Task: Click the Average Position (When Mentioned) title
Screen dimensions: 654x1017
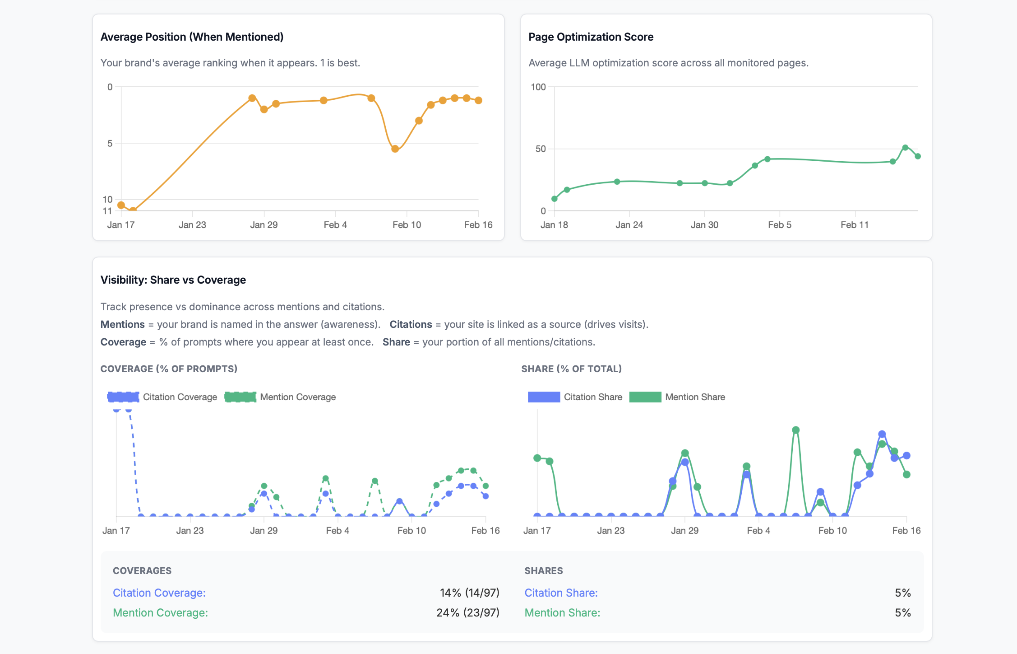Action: pyautogui.click(x=192, y=37)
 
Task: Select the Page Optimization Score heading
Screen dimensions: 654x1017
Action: pyautogui.click(x=591, y=37)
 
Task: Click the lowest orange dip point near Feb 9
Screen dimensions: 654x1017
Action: pyautogui.click(x=395, y=149)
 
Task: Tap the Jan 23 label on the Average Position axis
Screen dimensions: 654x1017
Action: pyautogui.click(x=192, y=225)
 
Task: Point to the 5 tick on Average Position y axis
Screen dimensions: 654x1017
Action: pyautogui.click(x=110, y=144)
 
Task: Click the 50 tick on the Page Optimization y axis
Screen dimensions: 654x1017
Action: pyautogui.click(x=540, y=149)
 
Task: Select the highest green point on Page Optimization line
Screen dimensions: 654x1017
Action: pyautogui.click(x=905, y=148)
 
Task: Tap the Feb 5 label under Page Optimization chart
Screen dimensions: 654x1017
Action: pyautogui.click(x=779, y=225)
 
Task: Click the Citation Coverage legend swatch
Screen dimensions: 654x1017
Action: pyautogui.click(x=123, y=397)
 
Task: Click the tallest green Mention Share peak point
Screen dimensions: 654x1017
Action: pyautogui.click(x=795, y=430)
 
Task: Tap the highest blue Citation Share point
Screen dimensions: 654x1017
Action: pyautogui.click(x=882, y=434)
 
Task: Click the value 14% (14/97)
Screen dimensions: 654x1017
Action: pyautogui.click(x=469, y=593)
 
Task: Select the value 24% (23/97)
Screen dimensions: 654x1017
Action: pyautogui.click(x=467, y=612)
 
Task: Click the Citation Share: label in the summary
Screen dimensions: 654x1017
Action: pyautogui.click(x=561, y=593)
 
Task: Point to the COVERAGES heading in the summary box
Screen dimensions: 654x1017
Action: pyautogui.click(x=142, y=570)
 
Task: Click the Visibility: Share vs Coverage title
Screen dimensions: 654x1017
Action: pyautogui.click(x=173, y=280)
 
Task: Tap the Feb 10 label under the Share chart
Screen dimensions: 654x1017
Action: pyautogui.click(x=832, y=531)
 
